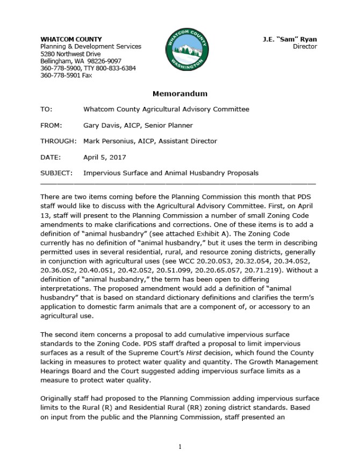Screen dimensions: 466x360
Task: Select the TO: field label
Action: click(x=46, y=109)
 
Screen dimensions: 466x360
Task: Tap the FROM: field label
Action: click(x=51, y=125)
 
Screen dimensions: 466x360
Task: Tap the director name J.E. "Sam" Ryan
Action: click(x=290, y=39)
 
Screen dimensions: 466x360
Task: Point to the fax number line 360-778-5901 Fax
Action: click(x=66, y=76)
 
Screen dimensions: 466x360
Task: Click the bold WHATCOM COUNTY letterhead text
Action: click(x=71, y=39)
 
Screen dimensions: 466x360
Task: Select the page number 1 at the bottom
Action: click(x=180, y=447)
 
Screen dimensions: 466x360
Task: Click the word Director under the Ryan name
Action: click(x=305, y=47)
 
